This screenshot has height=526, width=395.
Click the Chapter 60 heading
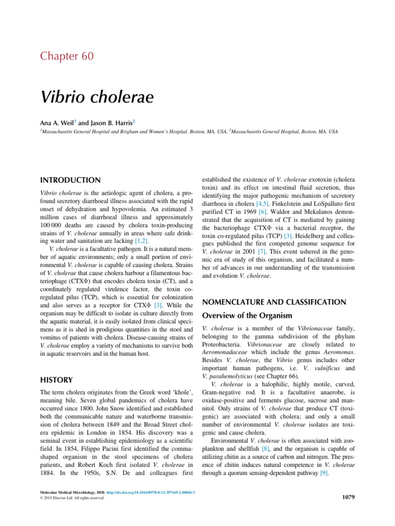(x=67, y=56)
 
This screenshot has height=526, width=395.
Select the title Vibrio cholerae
(x=92, y=96)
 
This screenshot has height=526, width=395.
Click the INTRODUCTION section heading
(x=70, y=180)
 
